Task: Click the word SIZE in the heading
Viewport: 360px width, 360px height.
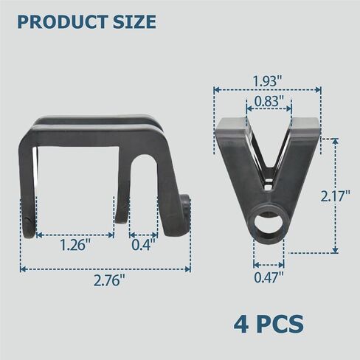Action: [x=134, y=22]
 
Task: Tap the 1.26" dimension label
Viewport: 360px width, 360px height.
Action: [x=75, y=245]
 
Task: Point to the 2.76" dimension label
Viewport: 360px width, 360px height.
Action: [x=109, y=280]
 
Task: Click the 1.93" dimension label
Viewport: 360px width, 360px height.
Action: [x=268, y=80]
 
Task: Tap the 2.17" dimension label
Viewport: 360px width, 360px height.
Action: [x=335, y=196]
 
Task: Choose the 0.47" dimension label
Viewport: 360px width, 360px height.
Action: [x=269, y=277]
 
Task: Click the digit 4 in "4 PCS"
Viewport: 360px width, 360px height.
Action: [x=240, y=324]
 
